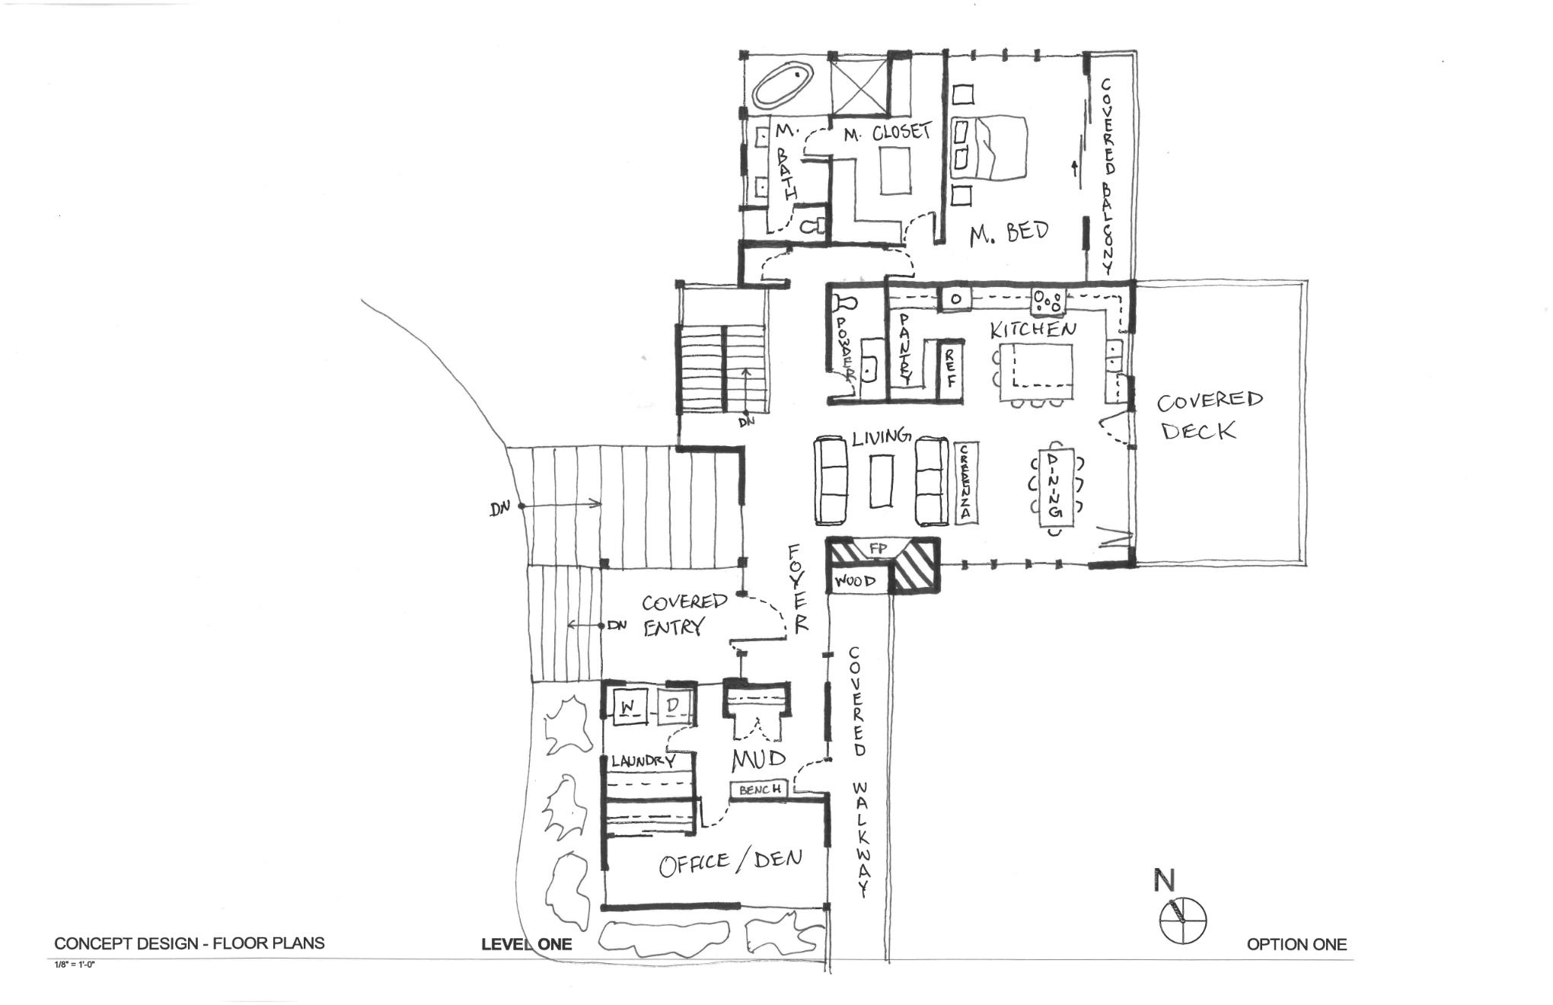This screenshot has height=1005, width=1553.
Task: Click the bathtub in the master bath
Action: [x=782, y=85]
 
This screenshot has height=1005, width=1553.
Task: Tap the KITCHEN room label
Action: [x=1033, y=330]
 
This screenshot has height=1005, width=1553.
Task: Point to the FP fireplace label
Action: [x=879, y=548]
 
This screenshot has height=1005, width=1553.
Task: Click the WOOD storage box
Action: [x=856, y=582]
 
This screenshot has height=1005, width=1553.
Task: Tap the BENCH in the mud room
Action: [x=759, y=790]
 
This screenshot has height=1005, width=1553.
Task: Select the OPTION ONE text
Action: [x=1296, y=945]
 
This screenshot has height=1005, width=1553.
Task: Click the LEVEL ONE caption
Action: [x=526, y=945]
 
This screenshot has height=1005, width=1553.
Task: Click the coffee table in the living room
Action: [x=882, y=480]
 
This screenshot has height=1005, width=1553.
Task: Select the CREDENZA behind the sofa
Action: [x=965, y=483]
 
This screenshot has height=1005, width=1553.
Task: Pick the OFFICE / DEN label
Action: [x=730, y=862]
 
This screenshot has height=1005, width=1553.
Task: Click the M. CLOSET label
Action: [x=887, y=133]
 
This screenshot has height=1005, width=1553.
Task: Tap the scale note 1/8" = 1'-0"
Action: [x=75, y=965]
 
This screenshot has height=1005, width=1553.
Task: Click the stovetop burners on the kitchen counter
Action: [x=1049, y=300]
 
